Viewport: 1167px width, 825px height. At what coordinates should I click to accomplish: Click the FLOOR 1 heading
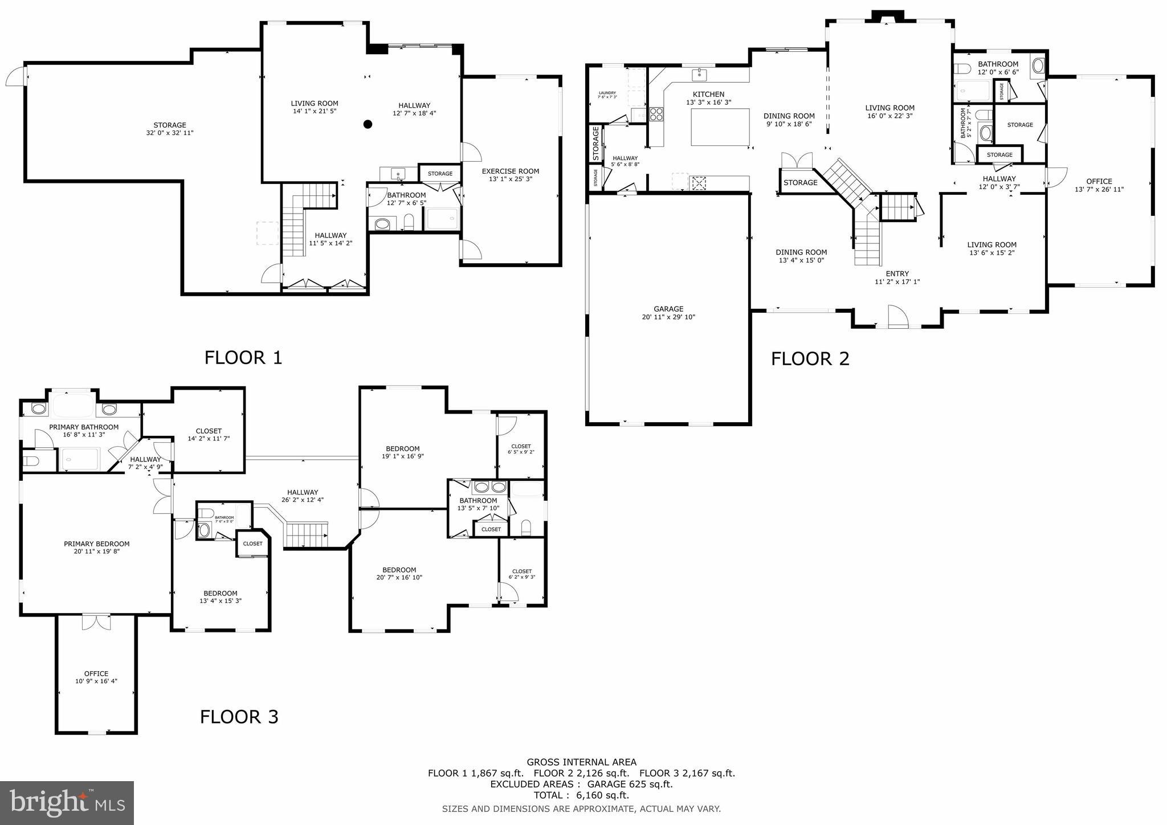pos(243,358)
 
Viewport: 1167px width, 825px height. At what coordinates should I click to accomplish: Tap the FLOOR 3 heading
pos(239,716)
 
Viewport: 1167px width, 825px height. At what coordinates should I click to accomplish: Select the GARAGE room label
pos(668,309)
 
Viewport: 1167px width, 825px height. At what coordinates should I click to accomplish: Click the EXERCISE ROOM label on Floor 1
pos(510,171)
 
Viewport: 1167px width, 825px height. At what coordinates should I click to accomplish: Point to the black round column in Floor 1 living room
pos(368,124)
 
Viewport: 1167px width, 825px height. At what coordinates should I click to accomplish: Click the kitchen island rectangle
pos(720,127)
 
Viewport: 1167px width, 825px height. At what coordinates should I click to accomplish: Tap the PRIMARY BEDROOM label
pos(96,544)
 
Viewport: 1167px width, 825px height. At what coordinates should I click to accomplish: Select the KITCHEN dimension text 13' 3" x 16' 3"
pos(708,103)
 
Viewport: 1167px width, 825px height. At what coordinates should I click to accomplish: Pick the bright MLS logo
pos(67,803)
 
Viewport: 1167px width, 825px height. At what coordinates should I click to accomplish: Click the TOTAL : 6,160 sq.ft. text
pos(581,795)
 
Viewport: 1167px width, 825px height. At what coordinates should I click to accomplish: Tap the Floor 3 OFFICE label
pos(96,673)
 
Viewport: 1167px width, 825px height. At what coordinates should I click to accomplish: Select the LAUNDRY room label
pos(607,93)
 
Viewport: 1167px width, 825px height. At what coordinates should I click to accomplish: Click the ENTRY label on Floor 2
pos(897,273)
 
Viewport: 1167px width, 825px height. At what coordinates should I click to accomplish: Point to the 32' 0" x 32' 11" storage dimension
pos(169,133)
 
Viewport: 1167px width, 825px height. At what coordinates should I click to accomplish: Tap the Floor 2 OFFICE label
pos(1099,181)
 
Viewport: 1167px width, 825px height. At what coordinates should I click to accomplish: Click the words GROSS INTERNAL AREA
pos(581,762)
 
